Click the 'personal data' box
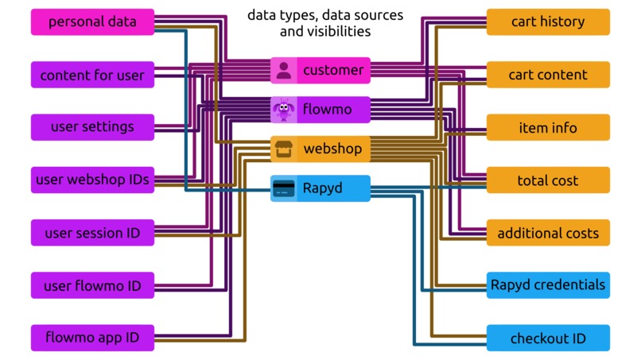pos(92,22)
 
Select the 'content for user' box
pos(92,75)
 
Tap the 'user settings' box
pos(92,127)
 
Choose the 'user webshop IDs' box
pos(92,180)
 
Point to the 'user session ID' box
pos(92,233)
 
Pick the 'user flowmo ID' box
pos(92,285)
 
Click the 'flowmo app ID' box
pos(92,338)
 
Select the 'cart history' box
pos(548,22)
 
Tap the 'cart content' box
pos(548,75)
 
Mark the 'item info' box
pos(548,127)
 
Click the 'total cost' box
pos(548,180)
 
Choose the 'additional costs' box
pos(548,233)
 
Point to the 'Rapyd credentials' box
pos(548,285)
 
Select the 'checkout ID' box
pos(548,338)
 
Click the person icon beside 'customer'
pos(284,71)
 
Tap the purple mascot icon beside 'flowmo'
pos(284,110)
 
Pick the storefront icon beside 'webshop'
pos(284,149)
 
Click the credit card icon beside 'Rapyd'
pos(284,188)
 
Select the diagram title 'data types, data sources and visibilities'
pos(324,24)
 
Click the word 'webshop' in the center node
pos(332,149)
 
